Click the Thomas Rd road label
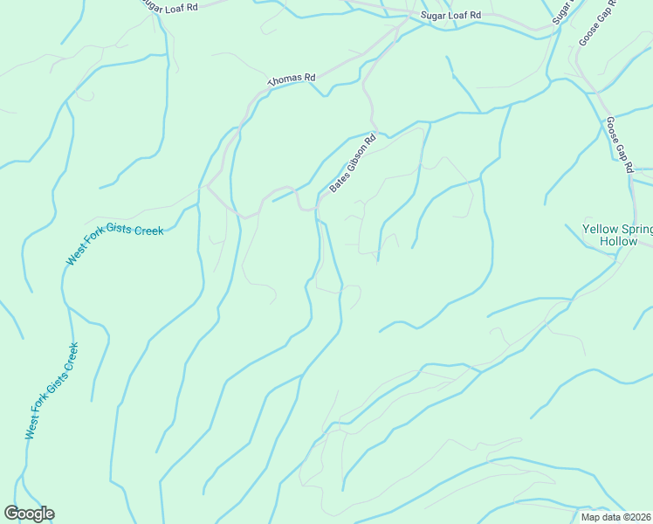coord(291,79)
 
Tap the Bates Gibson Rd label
coord(353,163)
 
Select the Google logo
coord(29,514)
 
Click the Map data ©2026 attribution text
coord(616,517)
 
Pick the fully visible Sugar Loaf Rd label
coord(450,16)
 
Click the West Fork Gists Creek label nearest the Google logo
coord(52,390)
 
